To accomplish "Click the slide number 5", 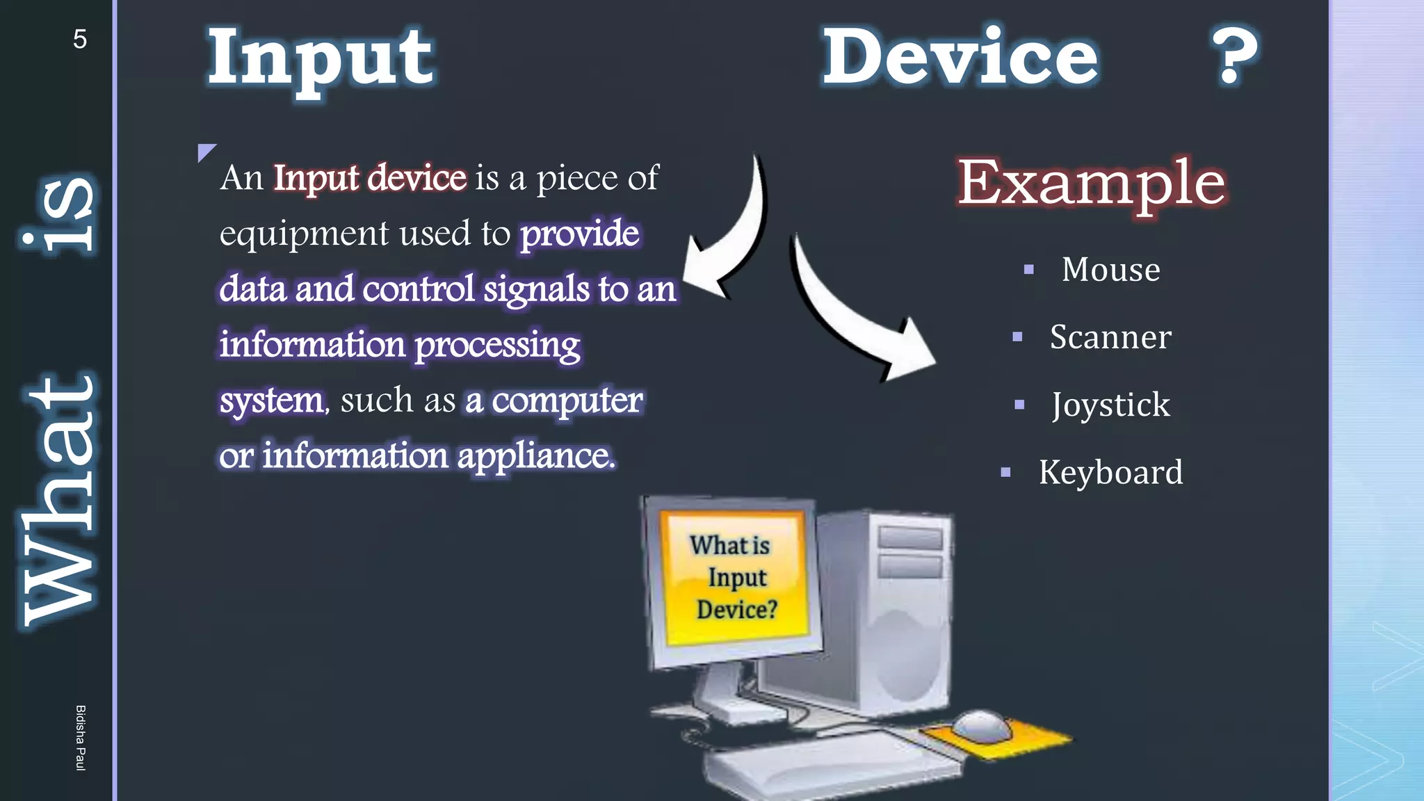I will pyautogui.click(x=80, y=39).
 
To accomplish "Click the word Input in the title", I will pyautogui.click(x=321, y=59).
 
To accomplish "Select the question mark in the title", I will pyautogui.click(x=1235, y=56).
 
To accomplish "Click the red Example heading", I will pyautogui.click(x=1091, y=182).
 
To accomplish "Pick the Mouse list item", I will pyautogui.click(x=1110, y=270).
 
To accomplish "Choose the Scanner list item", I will pyautogui.click(x=1110, y=337).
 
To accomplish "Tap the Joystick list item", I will pyautogui.click(x=1110, y=405).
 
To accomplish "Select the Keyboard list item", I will pyautogui.click(x=1110, y=473).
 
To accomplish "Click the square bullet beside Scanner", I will pyautogui.click(x=1017, y=337).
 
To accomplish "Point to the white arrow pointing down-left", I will pyautogui.click(x=730, y=236).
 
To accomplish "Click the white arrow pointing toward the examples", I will pyautogui.click(x=855, y=320).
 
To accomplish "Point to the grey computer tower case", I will pyautogui.click(x=897, y=612).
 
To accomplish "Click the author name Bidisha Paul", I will pyautogui.click(x=81, y=737).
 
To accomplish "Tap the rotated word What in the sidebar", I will pyautogui.click(x=59, y=501).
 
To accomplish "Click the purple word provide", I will pyautogui.click(x=580, y=234).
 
